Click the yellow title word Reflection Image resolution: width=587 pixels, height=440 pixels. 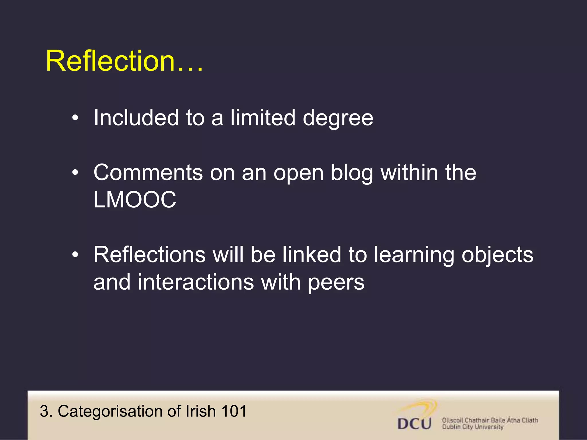pos(110,61)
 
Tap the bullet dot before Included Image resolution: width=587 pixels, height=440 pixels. pos(75,117)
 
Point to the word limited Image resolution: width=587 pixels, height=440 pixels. pos(263,117)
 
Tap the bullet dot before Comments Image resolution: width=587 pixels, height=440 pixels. pos(75,172)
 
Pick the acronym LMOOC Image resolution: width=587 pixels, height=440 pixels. pos(135,200)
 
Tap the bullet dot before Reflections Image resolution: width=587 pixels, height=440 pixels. pos(75,254)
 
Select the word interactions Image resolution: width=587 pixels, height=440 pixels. pos(196,282)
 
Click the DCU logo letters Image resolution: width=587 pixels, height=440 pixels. pos(414,424)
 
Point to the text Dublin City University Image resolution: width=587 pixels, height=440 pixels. pos(473,427)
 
